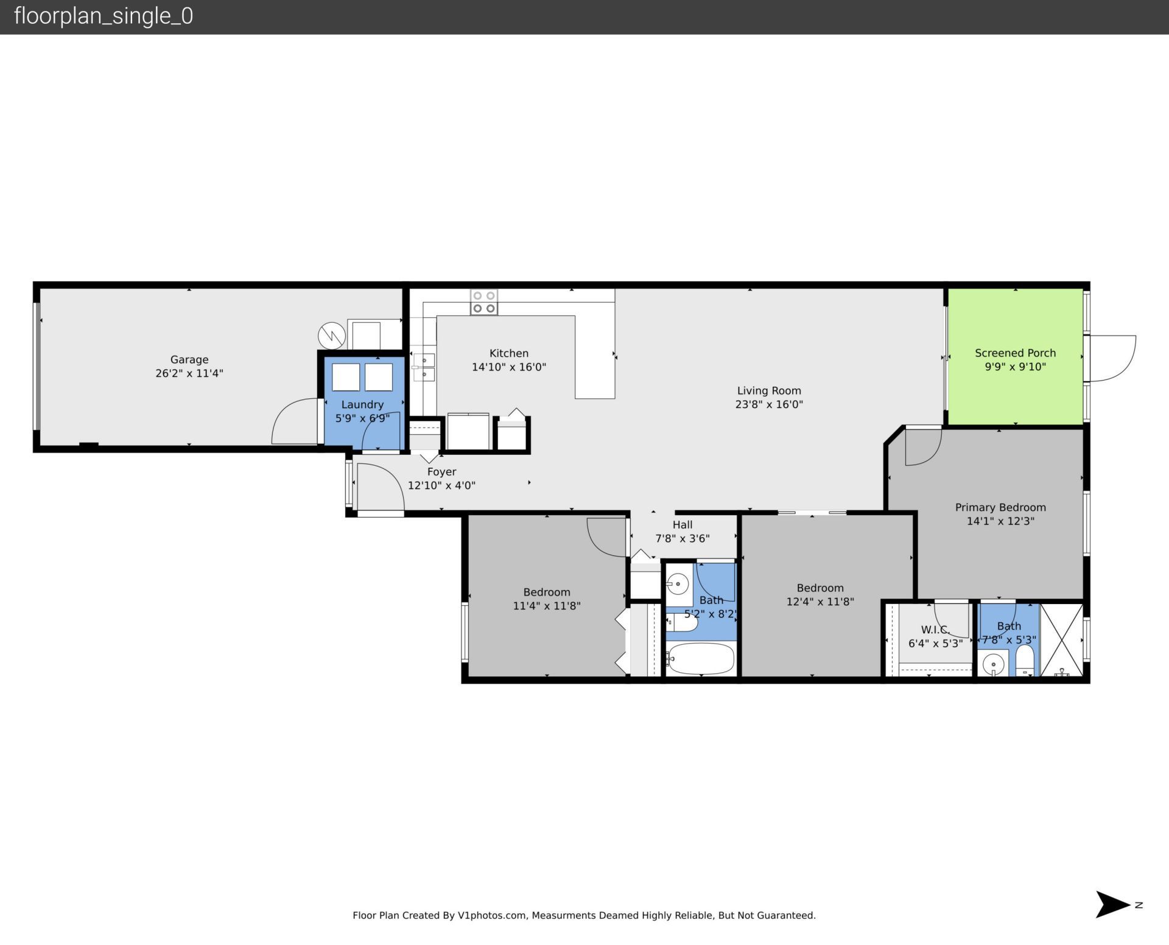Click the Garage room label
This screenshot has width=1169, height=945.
coord(189,359)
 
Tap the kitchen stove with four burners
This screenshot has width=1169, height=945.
coord(483,302)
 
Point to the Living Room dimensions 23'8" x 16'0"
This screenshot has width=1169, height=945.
coord(769,404)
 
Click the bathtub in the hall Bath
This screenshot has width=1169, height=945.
coord(700,659)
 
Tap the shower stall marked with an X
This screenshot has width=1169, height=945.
coord(1061,640)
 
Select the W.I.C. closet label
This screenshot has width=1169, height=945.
coord(935,630)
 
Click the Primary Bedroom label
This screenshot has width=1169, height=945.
coord(1000,507)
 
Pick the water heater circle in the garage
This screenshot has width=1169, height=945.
coord(332,335)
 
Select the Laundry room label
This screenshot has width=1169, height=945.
coord(362,404)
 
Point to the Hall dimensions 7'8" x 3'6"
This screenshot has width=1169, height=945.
coord(682,538)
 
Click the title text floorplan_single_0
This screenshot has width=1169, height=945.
coord(104,16)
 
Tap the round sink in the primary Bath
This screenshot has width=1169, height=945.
coord(994,664)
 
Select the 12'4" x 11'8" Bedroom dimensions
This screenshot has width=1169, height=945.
coord(820,602)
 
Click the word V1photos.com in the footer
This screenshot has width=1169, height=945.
coord(491,915)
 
